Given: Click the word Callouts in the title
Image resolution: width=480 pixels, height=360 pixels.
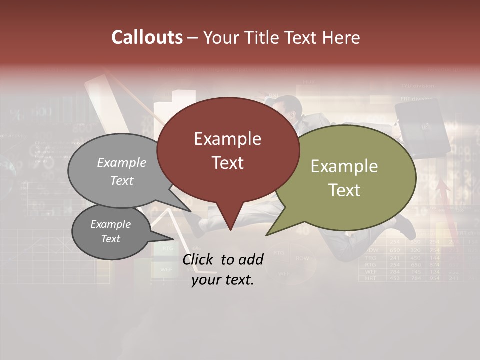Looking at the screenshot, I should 147,37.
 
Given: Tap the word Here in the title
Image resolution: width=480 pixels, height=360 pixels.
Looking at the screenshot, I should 341,37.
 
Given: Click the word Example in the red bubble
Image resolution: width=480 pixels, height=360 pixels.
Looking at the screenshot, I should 227,139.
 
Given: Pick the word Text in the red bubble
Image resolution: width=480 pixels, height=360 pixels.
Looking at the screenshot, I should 227,162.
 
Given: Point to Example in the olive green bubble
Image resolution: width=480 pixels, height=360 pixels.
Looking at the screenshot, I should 344,166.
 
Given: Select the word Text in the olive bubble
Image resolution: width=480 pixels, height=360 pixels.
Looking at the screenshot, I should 344,190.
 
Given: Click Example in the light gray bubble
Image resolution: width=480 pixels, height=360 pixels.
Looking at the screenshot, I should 122,162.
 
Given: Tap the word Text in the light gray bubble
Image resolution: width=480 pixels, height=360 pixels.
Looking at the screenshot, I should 122,180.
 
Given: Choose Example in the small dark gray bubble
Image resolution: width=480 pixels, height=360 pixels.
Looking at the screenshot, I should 110,224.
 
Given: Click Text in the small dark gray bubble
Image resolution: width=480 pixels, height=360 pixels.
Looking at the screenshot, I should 110,239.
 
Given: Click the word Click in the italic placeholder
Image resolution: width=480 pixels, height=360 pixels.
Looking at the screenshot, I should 199,259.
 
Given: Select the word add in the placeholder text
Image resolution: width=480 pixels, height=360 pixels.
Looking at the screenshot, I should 251,259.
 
